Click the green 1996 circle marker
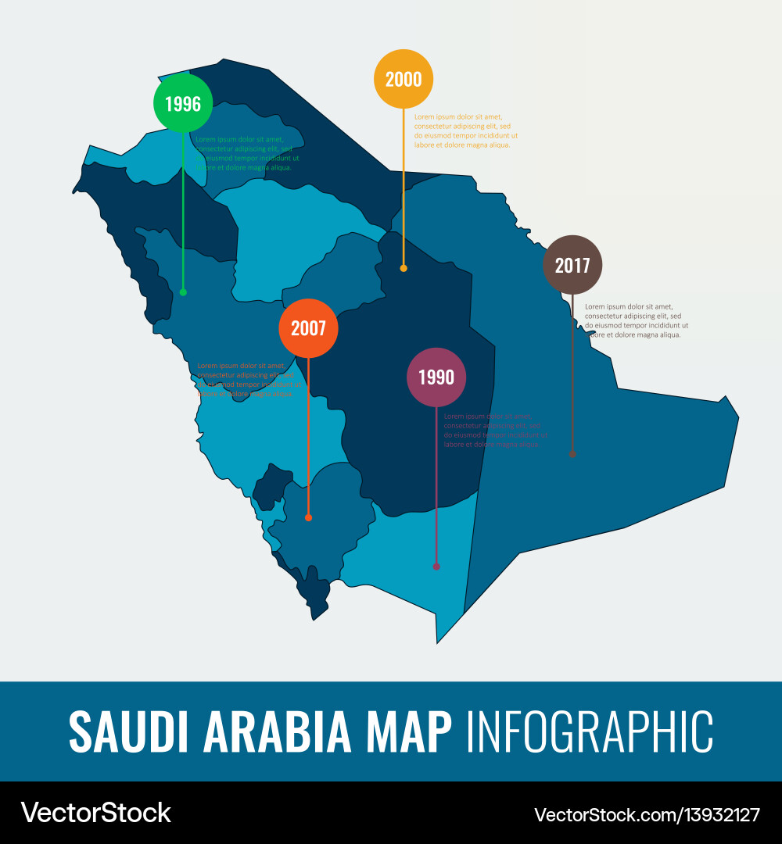[x=183, y=103]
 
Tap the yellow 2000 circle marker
[x=404, y=79]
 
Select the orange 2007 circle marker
[x=308, y=328]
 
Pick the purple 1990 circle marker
[x=436, y=377]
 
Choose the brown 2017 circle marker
[x=572, y=265]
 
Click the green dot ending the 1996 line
[x=183, y=292]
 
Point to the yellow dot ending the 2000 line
[x=404, y=268]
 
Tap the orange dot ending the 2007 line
[x=308, y=517]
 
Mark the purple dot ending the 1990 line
[x=436, y=567]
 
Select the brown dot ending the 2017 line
[x=572, y=453]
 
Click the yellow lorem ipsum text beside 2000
[x=466, y=131]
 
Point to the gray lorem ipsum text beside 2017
[x=637, y=320]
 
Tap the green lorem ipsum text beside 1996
[x=247, y=153]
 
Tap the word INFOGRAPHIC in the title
[x=589, y=732]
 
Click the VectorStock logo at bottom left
[x=96, y=813]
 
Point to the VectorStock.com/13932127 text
[x=647, y=814]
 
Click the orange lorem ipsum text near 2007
[x=247, y=380]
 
